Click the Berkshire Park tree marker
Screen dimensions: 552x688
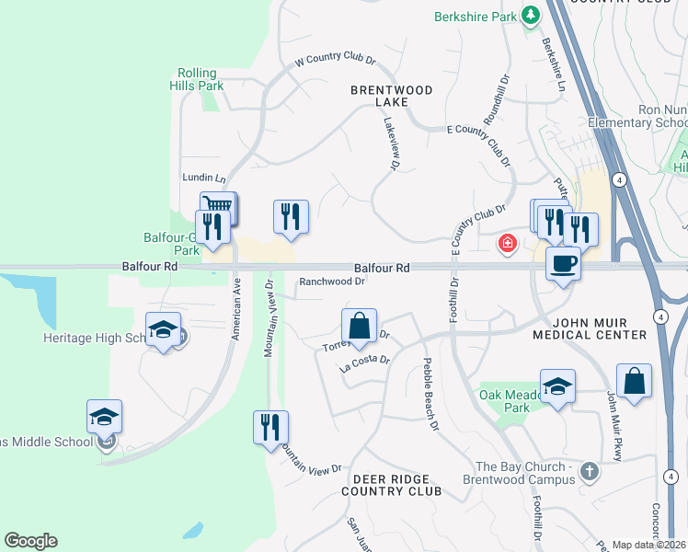(531, 16)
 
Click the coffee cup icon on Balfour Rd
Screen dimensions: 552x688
(563, 264)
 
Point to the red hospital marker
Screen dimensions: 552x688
(506, 244)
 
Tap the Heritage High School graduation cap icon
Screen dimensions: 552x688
(163, 330)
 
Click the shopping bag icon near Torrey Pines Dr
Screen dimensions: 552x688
(359, 326)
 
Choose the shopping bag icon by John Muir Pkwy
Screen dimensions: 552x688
(634, 381)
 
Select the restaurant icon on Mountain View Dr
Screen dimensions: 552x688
(270, 428)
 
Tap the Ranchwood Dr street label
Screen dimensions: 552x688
(332, 282)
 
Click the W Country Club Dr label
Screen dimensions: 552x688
(336, 59)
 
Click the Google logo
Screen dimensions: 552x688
(30, 541)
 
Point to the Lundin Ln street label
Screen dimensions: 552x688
(204, 178)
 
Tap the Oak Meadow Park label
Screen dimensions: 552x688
(505, 401)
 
